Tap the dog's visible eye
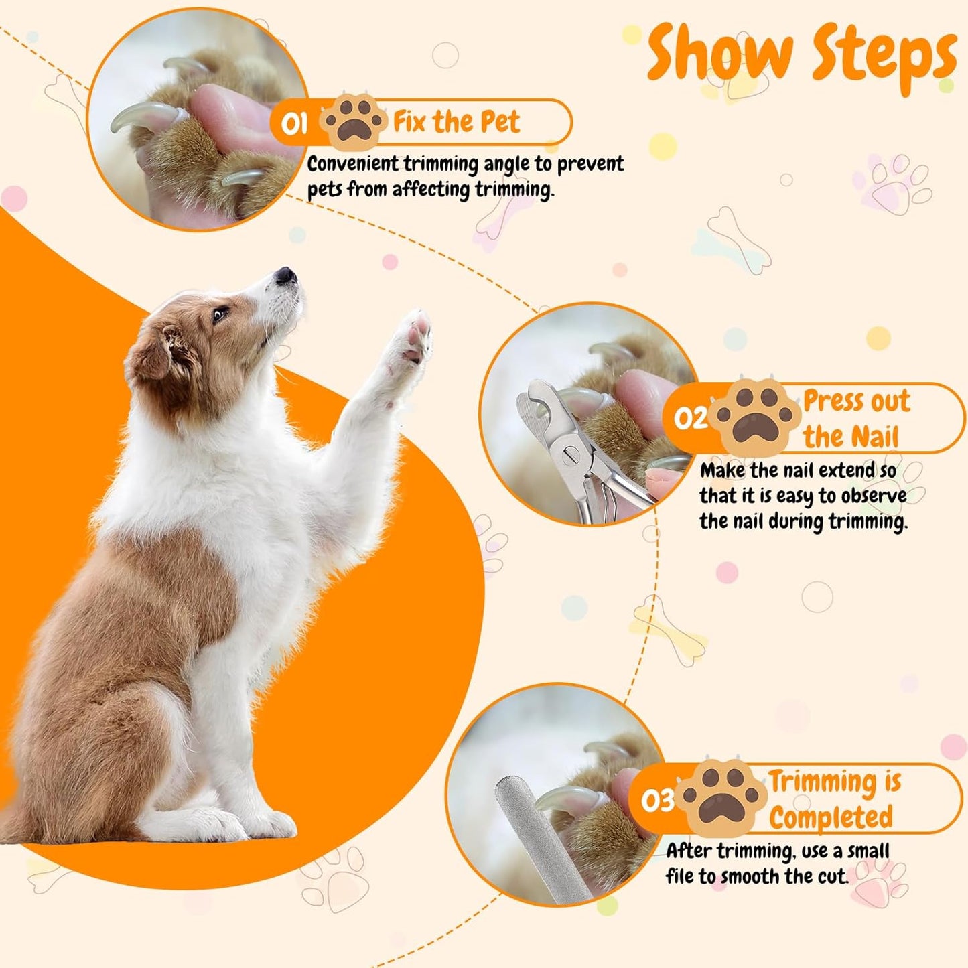[220, 315]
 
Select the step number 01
[294, 123]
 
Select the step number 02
[691, 418]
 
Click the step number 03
[657, 800]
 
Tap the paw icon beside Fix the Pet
[354, 121]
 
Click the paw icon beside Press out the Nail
[756, 416]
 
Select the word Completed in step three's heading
[831, 817]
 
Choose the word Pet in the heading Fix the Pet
[499, 122]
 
